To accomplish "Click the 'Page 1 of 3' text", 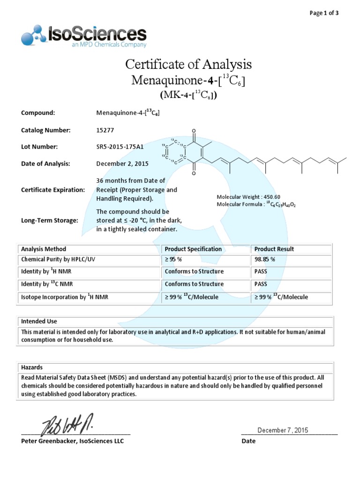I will (x=324, y=13).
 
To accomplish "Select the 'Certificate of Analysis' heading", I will (x=188, y=64).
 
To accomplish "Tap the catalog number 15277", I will (x=105, y=130).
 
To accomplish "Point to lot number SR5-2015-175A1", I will (x=120, y=147).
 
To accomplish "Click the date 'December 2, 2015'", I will (x=122, y=164).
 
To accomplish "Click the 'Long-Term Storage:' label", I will (x=50, y=220).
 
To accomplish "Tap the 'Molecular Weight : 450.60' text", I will (x=248, y=197).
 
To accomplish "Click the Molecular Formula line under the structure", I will (x=256, y=204).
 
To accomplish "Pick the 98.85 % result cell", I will (x=264, y=259).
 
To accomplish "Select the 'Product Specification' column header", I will (x=193, y=249).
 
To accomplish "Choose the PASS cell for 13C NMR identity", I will (x=261, y=284).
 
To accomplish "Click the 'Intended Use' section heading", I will (x=39, y=322).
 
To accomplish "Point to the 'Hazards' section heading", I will (x=32, y=367).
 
